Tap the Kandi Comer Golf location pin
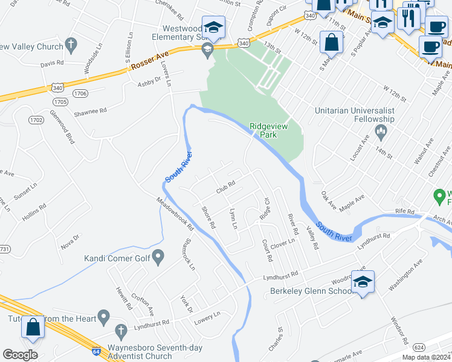(158, 258)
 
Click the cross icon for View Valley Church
(71, 45)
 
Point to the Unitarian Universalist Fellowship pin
(381, 131)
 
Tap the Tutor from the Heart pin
(104, 316)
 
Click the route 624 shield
(419, 347)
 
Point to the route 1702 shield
(36, 120)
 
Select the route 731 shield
(4, 249)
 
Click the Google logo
(20, 354)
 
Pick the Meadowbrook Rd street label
(173, 215)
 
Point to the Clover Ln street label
(282, 243)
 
